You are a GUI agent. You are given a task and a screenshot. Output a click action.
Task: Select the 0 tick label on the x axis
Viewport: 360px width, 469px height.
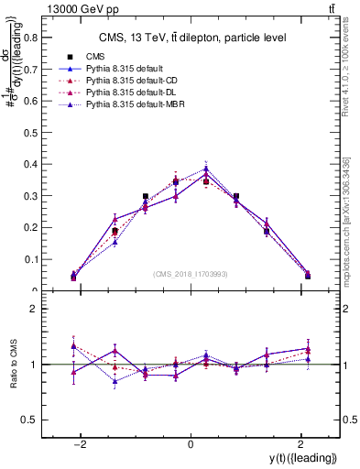coord(191,444)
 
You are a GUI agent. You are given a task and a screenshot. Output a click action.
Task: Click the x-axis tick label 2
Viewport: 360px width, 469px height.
coord(301,444)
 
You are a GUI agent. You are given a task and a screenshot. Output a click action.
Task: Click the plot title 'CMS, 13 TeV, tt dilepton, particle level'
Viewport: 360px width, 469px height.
coord(190,38)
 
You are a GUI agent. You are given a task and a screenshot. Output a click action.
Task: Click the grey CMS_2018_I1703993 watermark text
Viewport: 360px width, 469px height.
coord(190,274)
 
